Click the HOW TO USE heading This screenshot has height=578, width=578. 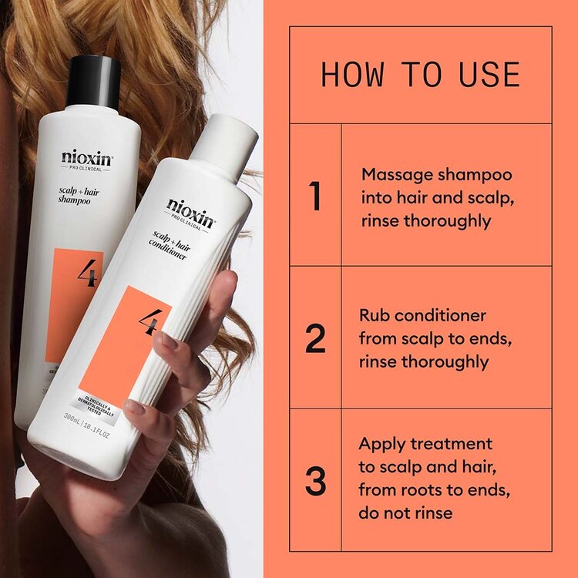[x=420, y=75]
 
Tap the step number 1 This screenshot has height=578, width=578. [x=314, y=196]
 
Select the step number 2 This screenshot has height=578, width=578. [x=315, y=338]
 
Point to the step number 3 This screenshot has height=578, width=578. [x=315, y=479]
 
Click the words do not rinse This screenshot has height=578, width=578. [x=406, y=512]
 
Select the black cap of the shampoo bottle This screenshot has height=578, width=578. [x=93, y=80]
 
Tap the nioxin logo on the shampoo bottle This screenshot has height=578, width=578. [x=86, y=157]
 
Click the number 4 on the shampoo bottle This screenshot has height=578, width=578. [x=86, y=274]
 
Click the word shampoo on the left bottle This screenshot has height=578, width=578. [x=73, y=200]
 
